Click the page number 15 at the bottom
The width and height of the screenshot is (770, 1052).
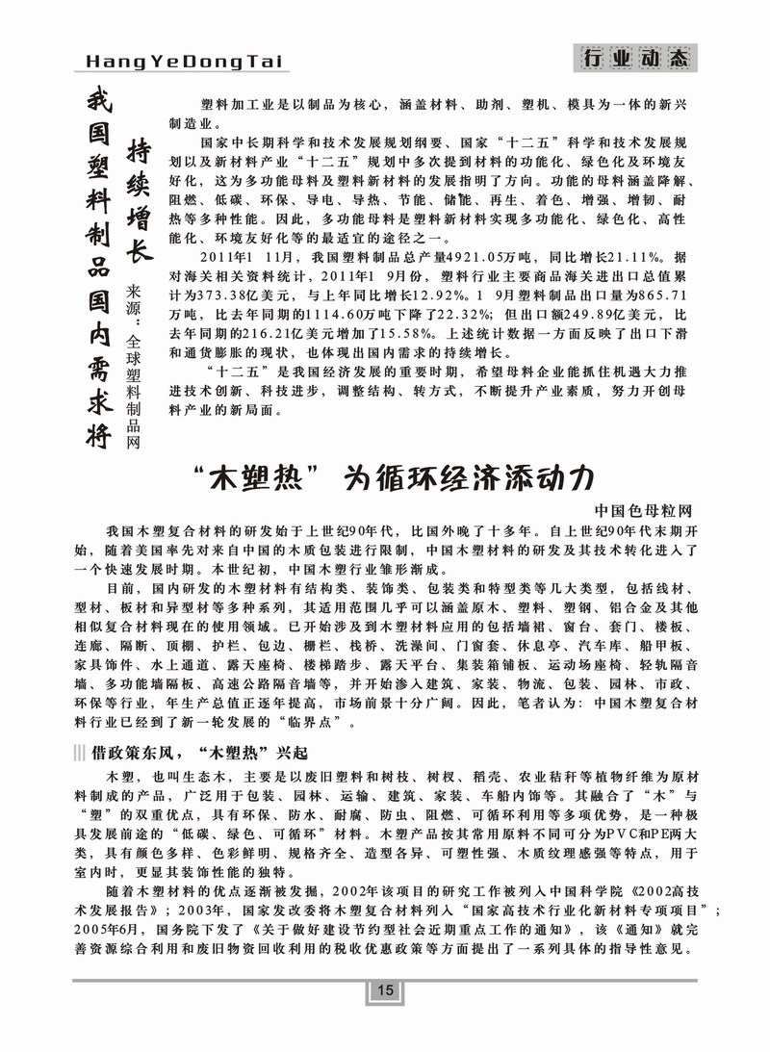384,992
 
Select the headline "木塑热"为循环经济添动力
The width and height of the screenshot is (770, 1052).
384,478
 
